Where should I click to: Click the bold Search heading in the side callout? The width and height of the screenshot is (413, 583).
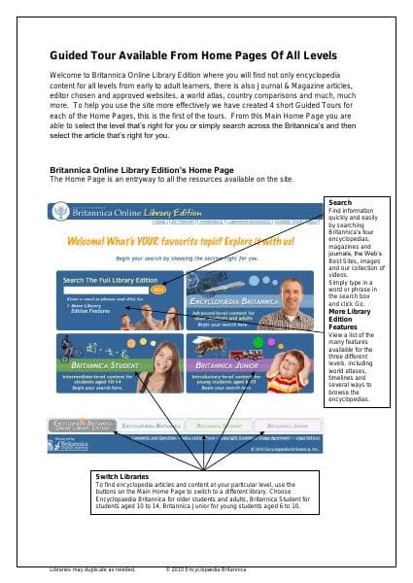coord(341,202)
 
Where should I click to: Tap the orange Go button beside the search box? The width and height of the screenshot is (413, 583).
coord(158,289)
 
